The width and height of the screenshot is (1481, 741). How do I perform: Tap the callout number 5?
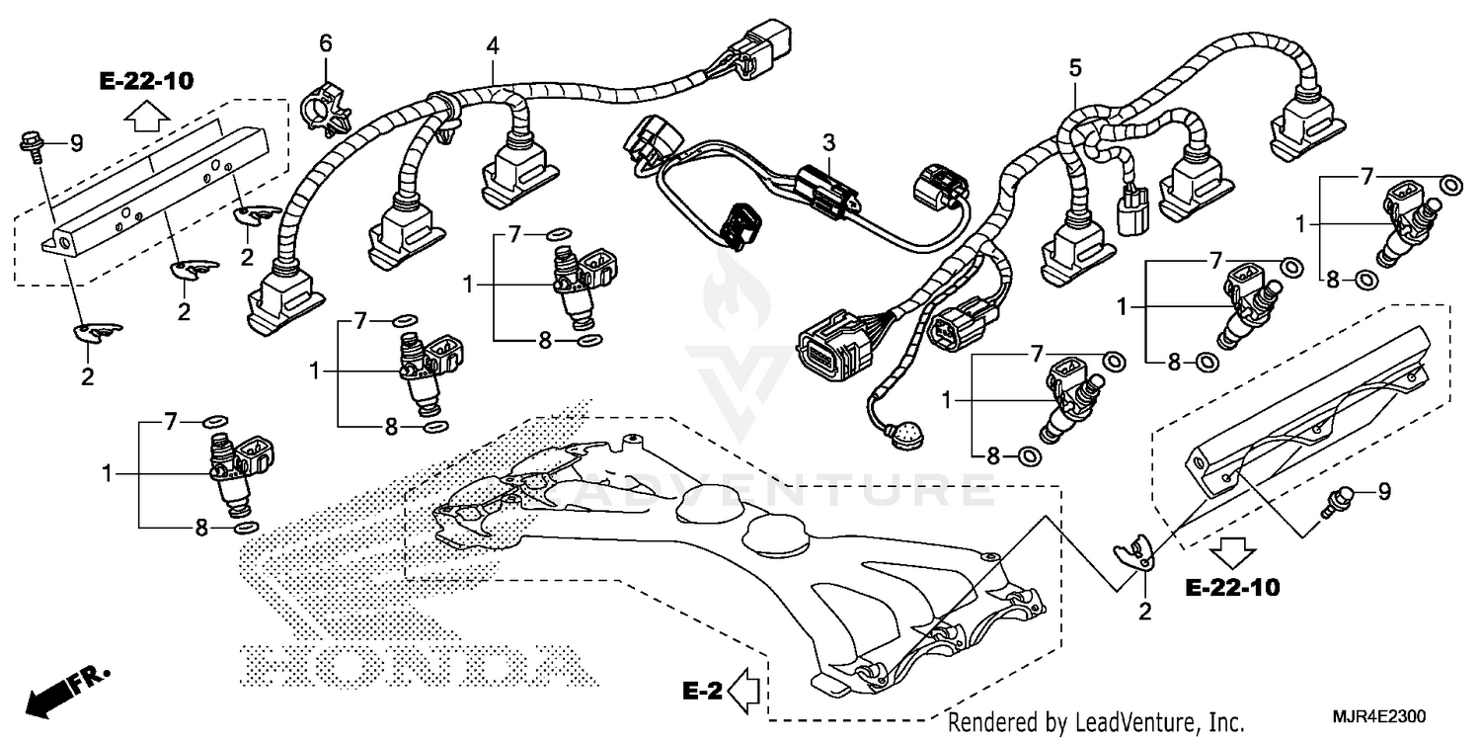point(1075,68)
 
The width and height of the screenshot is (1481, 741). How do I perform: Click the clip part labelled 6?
point(326,104)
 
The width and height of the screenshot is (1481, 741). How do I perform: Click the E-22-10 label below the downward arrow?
point(1231,588)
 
